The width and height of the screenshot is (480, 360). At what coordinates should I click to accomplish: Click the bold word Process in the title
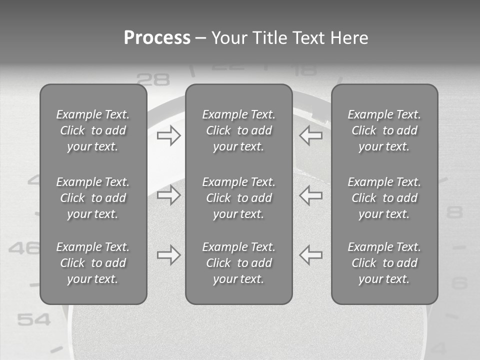(x=157, y=38)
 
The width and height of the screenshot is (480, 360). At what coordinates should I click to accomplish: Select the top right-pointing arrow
(x=169, y=135)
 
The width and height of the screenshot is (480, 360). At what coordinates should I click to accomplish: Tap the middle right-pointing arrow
(x=169, y=195)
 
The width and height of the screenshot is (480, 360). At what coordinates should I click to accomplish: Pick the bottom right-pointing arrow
(x=169, y=255)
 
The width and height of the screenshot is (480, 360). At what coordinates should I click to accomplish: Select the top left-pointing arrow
(x=310, y=135)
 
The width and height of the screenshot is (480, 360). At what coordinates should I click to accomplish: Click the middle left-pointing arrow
(x=310, y=195)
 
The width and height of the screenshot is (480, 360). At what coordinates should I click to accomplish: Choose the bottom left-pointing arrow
(x=310, y=255)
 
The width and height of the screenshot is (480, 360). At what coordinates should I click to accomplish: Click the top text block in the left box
(x=93, y=130)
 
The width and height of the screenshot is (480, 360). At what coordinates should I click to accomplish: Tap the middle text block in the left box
(x=93, y=198)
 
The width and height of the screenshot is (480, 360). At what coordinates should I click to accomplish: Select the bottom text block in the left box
(x=93, y=263)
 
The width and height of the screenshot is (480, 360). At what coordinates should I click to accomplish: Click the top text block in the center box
(x=239, y=130)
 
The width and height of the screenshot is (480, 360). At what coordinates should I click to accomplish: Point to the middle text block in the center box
(x=239, y=198)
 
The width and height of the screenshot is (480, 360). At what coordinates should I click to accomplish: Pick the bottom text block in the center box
(x=239, y=263)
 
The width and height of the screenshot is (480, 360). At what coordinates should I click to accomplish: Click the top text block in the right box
(x=384, y=130)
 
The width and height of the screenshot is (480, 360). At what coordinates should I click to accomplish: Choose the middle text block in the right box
(x=384, y=198)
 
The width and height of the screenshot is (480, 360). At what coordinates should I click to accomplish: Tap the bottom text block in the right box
(x=384, y=263)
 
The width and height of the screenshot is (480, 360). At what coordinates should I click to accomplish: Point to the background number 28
(x=153, y=79)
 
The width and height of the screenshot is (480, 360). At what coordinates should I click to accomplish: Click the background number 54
(x=34, y=319)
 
